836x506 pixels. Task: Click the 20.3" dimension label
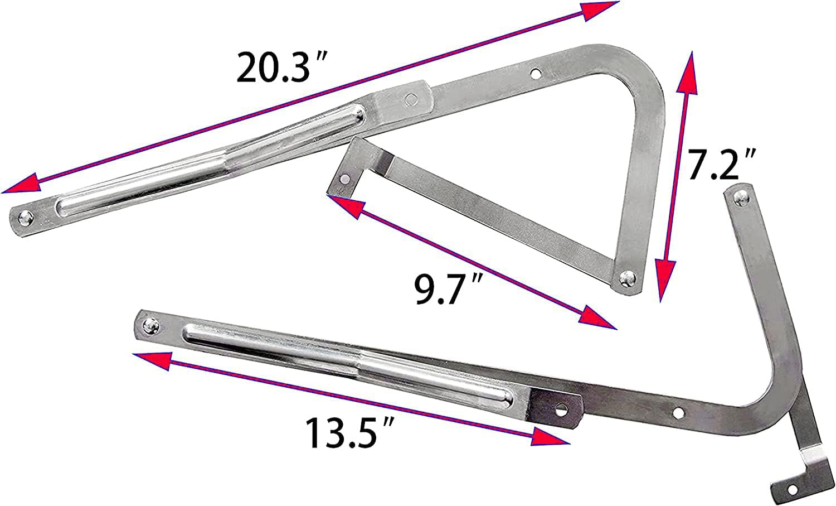283,68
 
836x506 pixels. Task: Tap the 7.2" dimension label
717,165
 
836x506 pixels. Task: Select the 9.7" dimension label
446,289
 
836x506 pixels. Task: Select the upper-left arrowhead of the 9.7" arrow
343,205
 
